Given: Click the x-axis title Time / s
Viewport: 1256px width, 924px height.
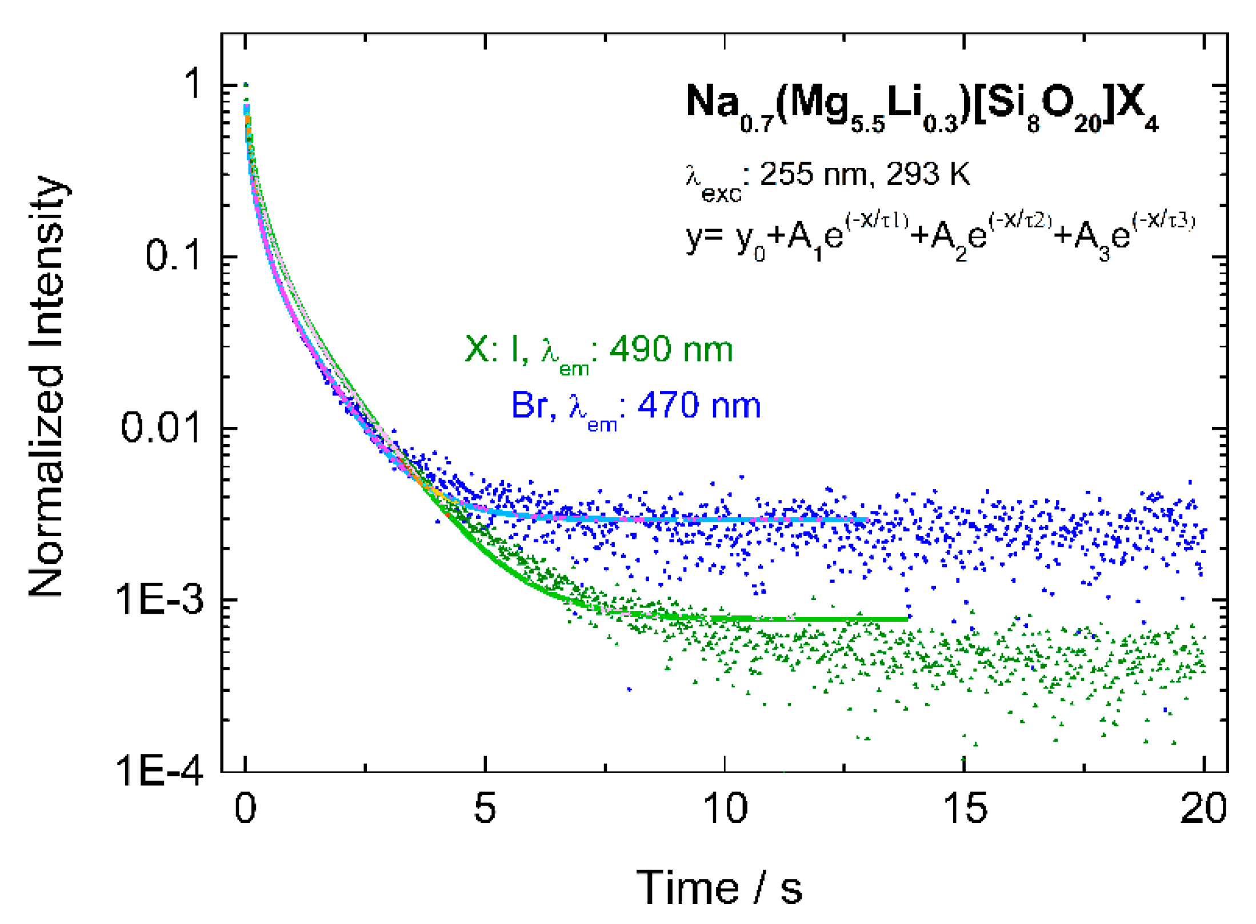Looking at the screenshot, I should click(719, 887).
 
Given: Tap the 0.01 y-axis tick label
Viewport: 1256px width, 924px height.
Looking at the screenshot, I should click(161, 427).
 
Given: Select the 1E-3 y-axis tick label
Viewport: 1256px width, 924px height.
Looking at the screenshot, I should click(159, 599).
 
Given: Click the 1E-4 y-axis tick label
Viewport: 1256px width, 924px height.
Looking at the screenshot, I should click(159, 771).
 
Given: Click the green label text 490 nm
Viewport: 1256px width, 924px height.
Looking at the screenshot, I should click(671, 350).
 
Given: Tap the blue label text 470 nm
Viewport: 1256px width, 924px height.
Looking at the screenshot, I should click(699, 406).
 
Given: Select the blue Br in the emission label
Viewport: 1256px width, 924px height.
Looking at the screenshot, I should click(529, 406).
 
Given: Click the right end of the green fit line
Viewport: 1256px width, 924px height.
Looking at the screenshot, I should click(906, 619).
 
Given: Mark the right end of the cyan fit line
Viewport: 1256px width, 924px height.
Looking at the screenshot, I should click(867, 519).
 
